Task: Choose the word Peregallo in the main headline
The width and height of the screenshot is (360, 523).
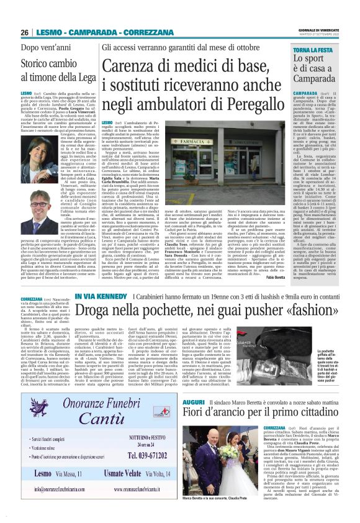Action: click(x=220, y=106)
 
